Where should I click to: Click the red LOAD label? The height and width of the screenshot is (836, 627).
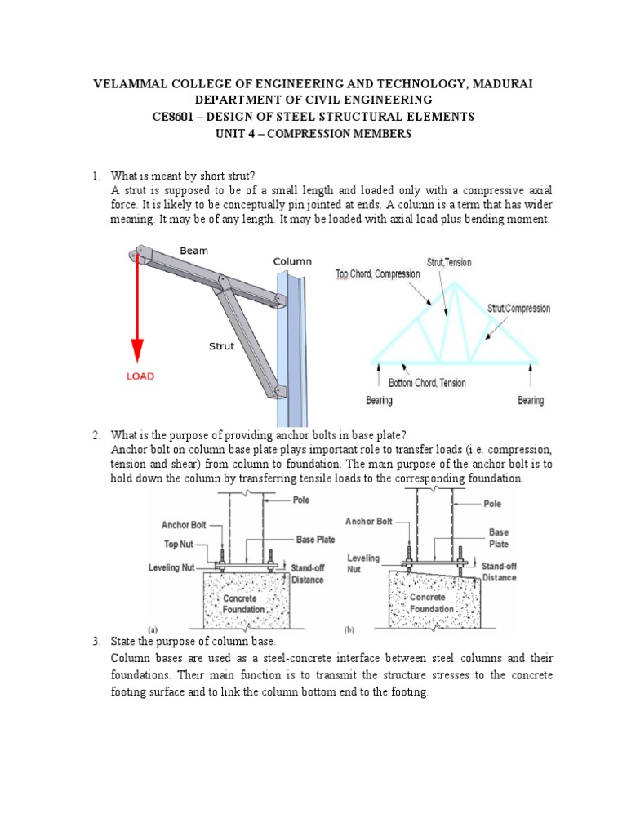139,376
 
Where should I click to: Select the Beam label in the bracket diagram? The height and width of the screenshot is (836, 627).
193,250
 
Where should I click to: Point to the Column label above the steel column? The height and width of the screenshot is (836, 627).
292,261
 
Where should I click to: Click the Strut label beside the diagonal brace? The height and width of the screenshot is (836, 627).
221,346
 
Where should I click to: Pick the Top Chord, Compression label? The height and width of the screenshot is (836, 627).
378,274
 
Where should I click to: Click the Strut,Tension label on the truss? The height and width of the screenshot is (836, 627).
449,263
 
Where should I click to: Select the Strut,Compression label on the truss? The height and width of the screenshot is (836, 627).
518,309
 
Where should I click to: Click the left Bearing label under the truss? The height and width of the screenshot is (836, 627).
380,401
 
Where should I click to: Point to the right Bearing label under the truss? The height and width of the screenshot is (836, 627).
531,401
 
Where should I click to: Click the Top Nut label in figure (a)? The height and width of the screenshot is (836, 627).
189,541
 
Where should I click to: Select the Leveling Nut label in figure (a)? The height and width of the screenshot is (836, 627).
180,565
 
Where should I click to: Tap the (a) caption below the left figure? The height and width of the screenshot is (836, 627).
152,629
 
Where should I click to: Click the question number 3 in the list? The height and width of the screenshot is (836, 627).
96,643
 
